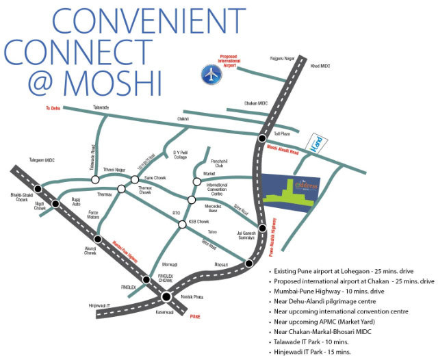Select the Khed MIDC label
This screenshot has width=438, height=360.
[320, 66]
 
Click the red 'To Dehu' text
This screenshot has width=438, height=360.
[53, 108]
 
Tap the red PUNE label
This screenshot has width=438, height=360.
[196, 318]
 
